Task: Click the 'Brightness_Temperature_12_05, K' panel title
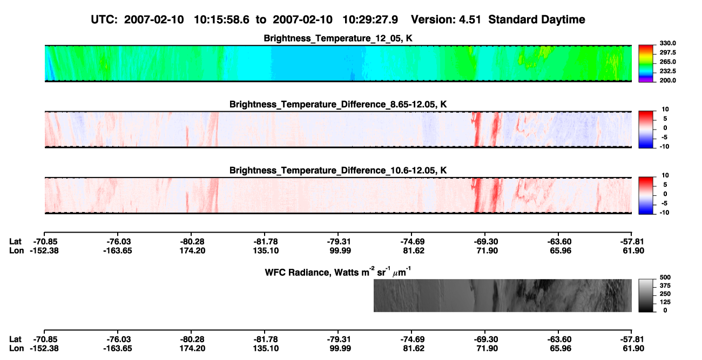[338, 38]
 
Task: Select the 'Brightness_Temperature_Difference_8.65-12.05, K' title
[338, 104]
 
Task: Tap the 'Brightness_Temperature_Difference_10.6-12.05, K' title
[338, 171]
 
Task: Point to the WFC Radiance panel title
[338, 271]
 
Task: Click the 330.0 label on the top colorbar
[667, 43]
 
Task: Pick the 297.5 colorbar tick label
[667, 52]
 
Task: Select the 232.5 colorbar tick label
[667, 71]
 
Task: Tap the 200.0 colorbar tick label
[667, 80]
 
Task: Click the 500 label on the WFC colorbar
[665, 277]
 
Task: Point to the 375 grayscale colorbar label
[665, 286]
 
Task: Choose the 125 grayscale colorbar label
[665, 302]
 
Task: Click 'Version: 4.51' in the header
[446, 19]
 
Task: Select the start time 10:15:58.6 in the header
[221, 19]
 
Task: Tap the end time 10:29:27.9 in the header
[370, 19]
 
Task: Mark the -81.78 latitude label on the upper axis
[265, 242]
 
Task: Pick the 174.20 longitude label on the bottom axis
[192, 349]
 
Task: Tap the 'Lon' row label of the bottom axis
[16, 349]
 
